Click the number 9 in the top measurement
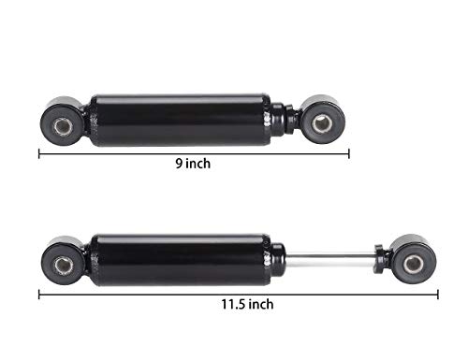[179, 164]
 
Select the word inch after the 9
[198, 164]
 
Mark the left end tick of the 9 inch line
[39, 152]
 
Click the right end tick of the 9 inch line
[349, 152]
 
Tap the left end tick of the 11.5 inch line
[39, 293]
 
